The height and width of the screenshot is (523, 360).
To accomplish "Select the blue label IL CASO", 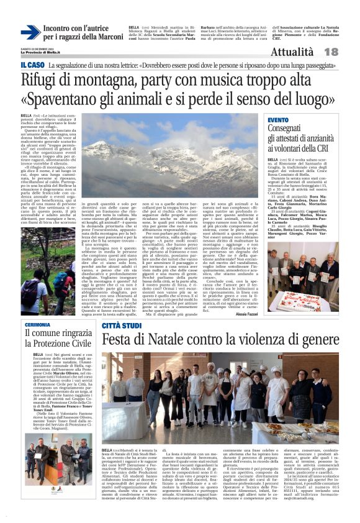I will tap(32, 65).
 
